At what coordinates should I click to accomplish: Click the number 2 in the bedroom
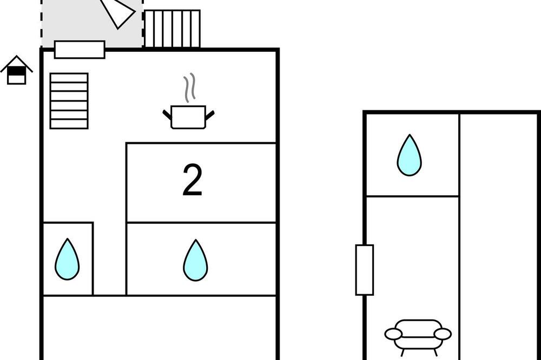[x=192, y=180]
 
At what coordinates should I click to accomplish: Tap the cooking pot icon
[x=188, y=117]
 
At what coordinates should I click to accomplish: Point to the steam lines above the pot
[x=189, y=88]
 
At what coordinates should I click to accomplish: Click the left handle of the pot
[x=167, y=115]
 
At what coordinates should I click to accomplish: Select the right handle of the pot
[x=210, y=115]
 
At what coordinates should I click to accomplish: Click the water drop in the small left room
[x=67, y=259]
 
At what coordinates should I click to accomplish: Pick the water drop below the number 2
[x=196, y=260]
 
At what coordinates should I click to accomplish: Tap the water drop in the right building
[x=409, y=155]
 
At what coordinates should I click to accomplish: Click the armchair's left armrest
[x=393, y=334]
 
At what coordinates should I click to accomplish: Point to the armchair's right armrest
[x=443, y=334]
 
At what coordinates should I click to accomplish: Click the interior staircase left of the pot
[x=69, y=101]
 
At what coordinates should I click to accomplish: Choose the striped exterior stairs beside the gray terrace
[x=172, y=29]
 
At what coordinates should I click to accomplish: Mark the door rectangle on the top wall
[x=80, y=50]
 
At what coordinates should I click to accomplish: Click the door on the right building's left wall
[x=364, y=270]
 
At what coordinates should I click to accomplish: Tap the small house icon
[x=17, y=70]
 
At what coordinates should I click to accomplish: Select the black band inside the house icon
[x=17, y=71]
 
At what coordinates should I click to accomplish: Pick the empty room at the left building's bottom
[x=160, y=328]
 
